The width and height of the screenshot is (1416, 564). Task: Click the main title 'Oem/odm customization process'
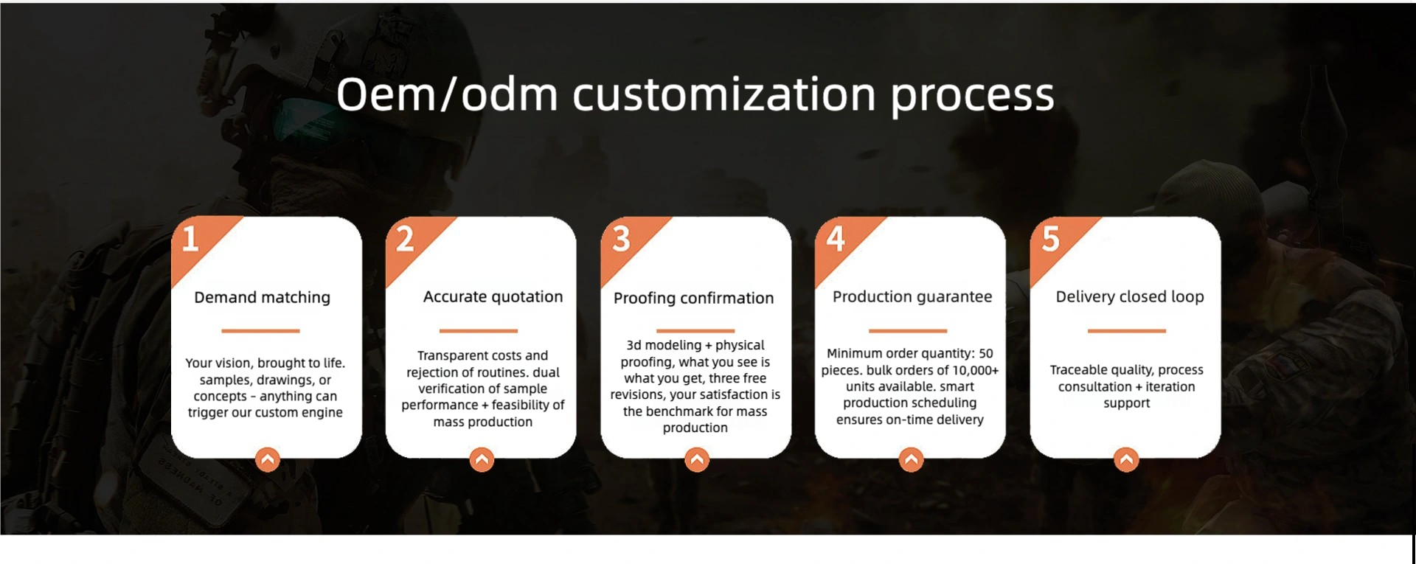point(695,95)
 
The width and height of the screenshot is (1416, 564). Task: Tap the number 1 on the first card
point(190,239)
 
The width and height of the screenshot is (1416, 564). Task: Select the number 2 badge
point(405,239)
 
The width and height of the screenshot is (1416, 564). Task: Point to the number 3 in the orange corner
point(621,239)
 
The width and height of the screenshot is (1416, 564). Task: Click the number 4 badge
point(836,239)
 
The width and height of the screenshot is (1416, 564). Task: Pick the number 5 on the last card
point(1050,239)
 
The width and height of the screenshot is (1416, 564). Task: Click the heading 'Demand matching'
point(262,297)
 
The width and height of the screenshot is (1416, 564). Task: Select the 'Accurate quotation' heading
point(493,296)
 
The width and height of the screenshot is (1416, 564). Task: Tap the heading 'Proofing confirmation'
point(693,298)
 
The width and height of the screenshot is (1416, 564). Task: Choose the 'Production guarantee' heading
point(912,296)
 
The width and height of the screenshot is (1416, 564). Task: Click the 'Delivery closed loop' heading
point(1129,296)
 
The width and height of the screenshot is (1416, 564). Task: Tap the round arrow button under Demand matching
point(268,459)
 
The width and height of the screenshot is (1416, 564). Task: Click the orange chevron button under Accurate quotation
point(482,459)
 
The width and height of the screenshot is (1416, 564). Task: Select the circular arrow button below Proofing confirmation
point(696,459)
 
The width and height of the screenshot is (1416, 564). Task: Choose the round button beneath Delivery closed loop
point(1126,459)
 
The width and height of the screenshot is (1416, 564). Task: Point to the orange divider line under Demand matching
point(260,330)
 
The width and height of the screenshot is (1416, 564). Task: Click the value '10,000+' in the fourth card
point(976,370)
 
